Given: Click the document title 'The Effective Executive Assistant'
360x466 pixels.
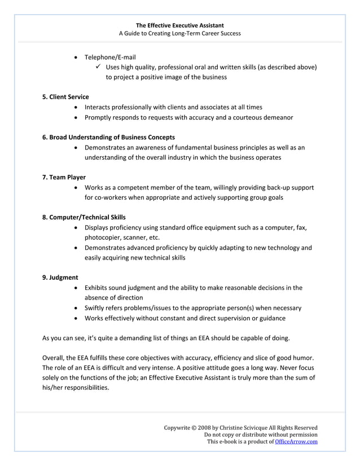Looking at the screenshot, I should click(x=179, y=25).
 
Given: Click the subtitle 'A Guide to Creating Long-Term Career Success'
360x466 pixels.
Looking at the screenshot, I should click(x=179, y=33).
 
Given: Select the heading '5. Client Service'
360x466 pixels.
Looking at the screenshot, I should click(x=65, y=96).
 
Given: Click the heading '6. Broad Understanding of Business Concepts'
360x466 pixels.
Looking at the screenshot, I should click(x=108, y=137).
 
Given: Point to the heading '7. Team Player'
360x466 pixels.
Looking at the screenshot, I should click(x=64, y=177).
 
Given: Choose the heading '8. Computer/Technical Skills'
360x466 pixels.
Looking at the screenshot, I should click(x=84, y=217).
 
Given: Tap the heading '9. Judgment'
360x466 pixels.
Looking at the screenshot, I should click(x=60, y=277).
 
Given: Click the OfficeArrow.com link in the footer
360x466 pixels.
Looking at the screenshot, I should click(x=296, y=442).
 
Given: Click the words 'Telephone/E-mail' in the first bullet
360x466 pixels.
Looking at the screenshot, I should click(x=110, y=57).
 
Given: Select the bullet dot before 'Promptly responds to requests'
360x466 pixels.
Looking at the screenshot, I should click(x=76, y=117).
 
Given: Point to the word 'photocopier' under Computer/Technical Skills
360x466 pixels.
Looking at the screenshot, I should click(x=102, y=238).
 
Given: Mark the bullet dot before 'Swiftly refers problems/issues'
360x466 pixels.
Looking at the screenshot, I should click(x=76, y=308).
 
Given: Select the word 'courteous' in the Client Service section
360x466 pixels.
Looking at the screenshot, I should click(x=246, y=117).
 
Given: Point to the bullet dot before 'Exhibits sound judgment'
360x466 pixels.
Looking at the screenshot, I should click(x=76, y=288).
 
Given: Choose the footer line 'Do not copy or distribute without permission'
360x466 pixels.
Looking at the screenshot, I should click(x=261, y=435).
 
